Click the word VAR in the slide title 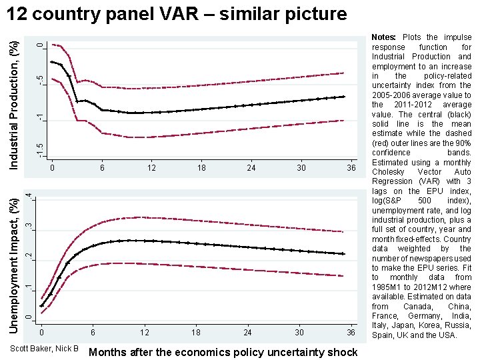pyautogui.click(x=179, y=14)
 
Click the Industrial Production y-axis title pyautogui.click(x=14, y=105)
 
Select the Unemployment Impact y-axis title pyautogui.click(x=14, y=266)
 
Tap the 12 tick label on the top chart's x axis pyautogui.click(x=151, y=168)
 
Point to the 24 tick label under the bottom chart pyautogui.click(x=247, y=333)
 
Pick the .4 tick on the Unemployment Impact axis pyautogui.click(x=29, y=197)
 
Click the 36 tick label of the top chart pyautogui.click(x=351, y=168)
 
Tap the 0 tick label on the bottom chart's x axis pyautogui.click(x=41, y=333)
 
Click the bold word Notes pyautogui.click(x=383, y=37)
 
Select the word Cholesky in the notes pyautogui.click(x=388, y=172)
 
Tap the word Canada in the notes pyautogui.click(x=417, y=307)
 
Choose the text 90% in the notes pyautogui.click(x=463, y=143)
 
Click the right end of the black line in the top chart pyautogui.click(x=344, y=97)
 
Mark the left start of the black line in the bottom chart pyautogui.click(x=41, y=305)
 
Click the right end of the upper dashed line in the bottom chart pyautogui.click(x=343, y=232)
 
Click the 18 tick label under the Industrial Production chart pyautogui.click(x=201, y=168)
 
